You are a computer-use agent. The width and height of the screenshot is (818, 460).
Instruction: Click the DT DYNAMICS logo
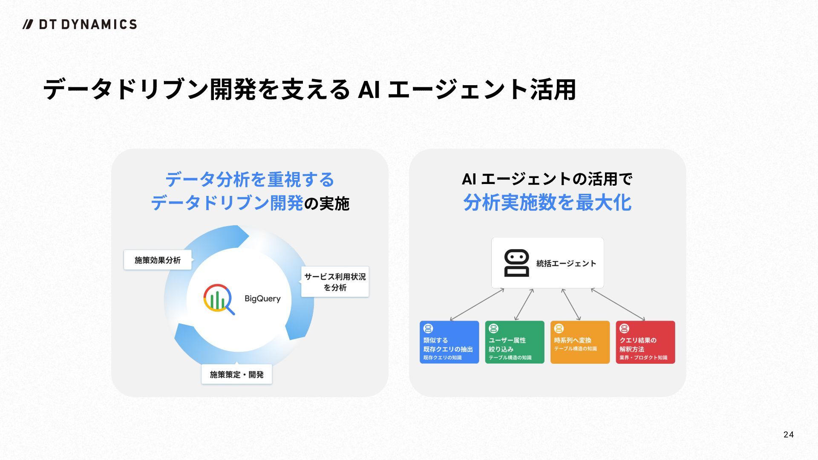(80, 24)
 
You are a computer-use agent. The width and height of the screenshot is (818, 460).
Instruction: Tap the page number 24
(788, 434)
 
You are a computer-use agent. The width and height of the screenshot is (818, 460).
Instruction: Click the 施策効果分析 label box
(158, 260)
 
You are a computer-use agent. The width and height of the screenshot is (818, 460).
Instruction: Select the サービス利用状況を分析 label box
(335, 282)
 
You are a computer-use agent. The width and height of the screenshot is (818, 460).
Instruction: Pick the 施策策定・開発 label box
(236, 374)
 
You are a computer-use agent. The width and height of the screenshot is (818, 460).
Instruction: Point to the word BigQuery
(262, 299)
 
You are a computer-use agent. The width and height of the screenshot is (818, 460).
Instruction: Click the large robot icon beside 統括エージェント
(516, 263)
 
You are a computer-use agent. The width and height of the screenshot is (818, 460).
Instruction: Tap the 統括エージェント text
(566, 264)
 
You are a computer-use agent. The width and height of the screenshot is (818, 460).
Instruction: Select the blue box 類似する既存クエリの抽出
(449, 342)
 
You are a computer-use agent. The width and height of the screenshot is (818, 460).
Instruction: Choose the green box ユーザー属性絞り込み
(515, 342)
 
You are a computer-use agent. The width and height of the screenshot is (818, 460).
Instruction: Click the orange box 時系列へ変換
(580, 342)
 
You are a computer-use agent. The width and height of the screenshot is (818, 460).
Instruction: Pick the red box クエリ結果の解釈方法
(645, 342)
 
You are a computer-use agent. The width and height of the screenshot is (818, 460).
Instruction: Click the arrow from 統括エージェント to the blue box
(477, 304)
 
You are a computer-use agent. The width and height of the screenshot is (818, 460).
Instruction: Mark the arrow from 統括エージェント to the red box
(618, 304)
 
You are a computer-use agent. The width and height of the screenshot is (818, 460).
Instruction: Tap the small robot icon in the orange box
(559, 328)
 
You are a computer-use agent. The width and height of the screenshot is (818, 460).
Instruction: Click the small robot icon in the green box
(493, 328)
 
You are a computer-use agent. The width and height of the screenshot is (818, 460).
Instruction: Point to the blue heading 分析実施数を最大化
(547, 202)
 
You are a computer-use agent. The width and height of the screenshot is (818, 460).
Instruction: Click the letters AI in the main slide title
(369, 89)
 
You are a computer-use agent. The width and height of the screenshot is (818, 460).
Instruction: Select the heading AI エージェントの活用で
(547, 179)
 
